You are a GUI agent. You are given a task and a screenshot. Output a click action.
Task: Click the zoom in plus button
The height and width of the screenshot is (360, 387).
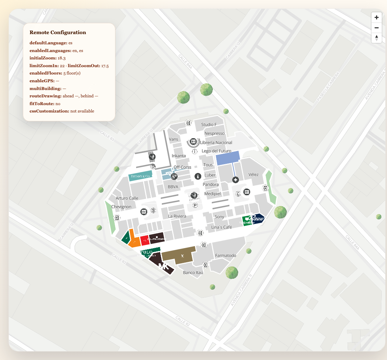point(376,17)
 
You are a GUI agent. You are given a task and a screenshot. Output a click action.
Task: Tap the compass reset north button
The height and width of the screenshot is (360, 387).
point(376,38)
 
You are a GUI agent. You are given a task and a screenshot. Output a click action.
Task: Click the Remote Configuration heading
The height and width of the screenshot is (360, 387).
point(58,32)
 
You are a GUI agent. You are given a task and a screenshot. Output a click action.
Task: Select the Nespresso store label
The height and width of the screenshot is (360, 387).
point(214,133)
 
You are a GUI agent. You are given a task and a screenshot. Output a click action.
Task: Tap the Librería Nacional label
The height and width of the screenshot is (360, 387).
point(216,142)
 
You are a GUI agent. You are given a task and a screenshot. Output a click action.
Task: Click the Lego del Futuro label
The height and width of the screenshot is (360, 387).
point(216,151)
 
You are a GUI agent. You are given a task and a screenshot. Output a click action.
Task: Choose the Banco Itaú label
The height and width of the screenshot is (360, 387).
point(193,272)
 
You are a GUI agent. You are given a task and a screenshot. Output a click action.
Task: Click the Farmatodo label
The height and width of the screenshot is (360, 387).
point(226,255)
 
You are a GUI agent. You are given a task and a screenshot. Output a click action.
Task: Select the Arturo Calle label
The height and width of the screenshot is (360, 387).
point(127,198)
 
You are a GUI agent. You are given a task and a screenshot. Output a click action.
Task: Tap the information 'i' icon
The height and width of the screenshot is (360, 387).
point(198,176)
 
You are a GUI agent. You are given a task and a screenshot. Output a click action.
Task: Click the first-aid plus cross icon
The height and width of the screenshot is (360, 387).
point(236,180)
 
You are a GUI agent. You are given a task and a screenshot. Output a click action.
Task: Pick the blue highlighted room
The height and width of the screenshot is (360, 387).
point(228,158)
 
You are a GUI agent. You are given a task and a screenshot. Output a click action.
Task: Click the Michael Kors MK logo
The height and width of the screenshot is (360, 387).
point(164,266)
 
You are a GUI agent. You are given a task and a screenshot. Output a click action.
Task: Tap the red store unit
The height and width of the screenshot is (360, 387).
point(145,240)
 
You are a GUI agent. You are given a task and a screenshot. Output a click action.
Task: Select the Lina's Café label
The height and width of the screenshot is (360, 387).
point(221,227)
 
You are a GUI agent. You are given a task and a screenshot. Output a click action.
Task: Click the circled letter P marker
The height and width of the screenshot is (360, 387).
point(195,205)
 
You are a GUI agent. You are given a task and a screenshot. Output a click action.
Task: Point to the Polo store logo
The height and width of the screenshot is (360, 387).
point(146,252)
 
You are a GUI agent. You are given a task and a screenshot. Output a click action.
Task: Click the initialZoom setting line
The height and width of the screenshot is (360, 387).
point(47,58)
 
